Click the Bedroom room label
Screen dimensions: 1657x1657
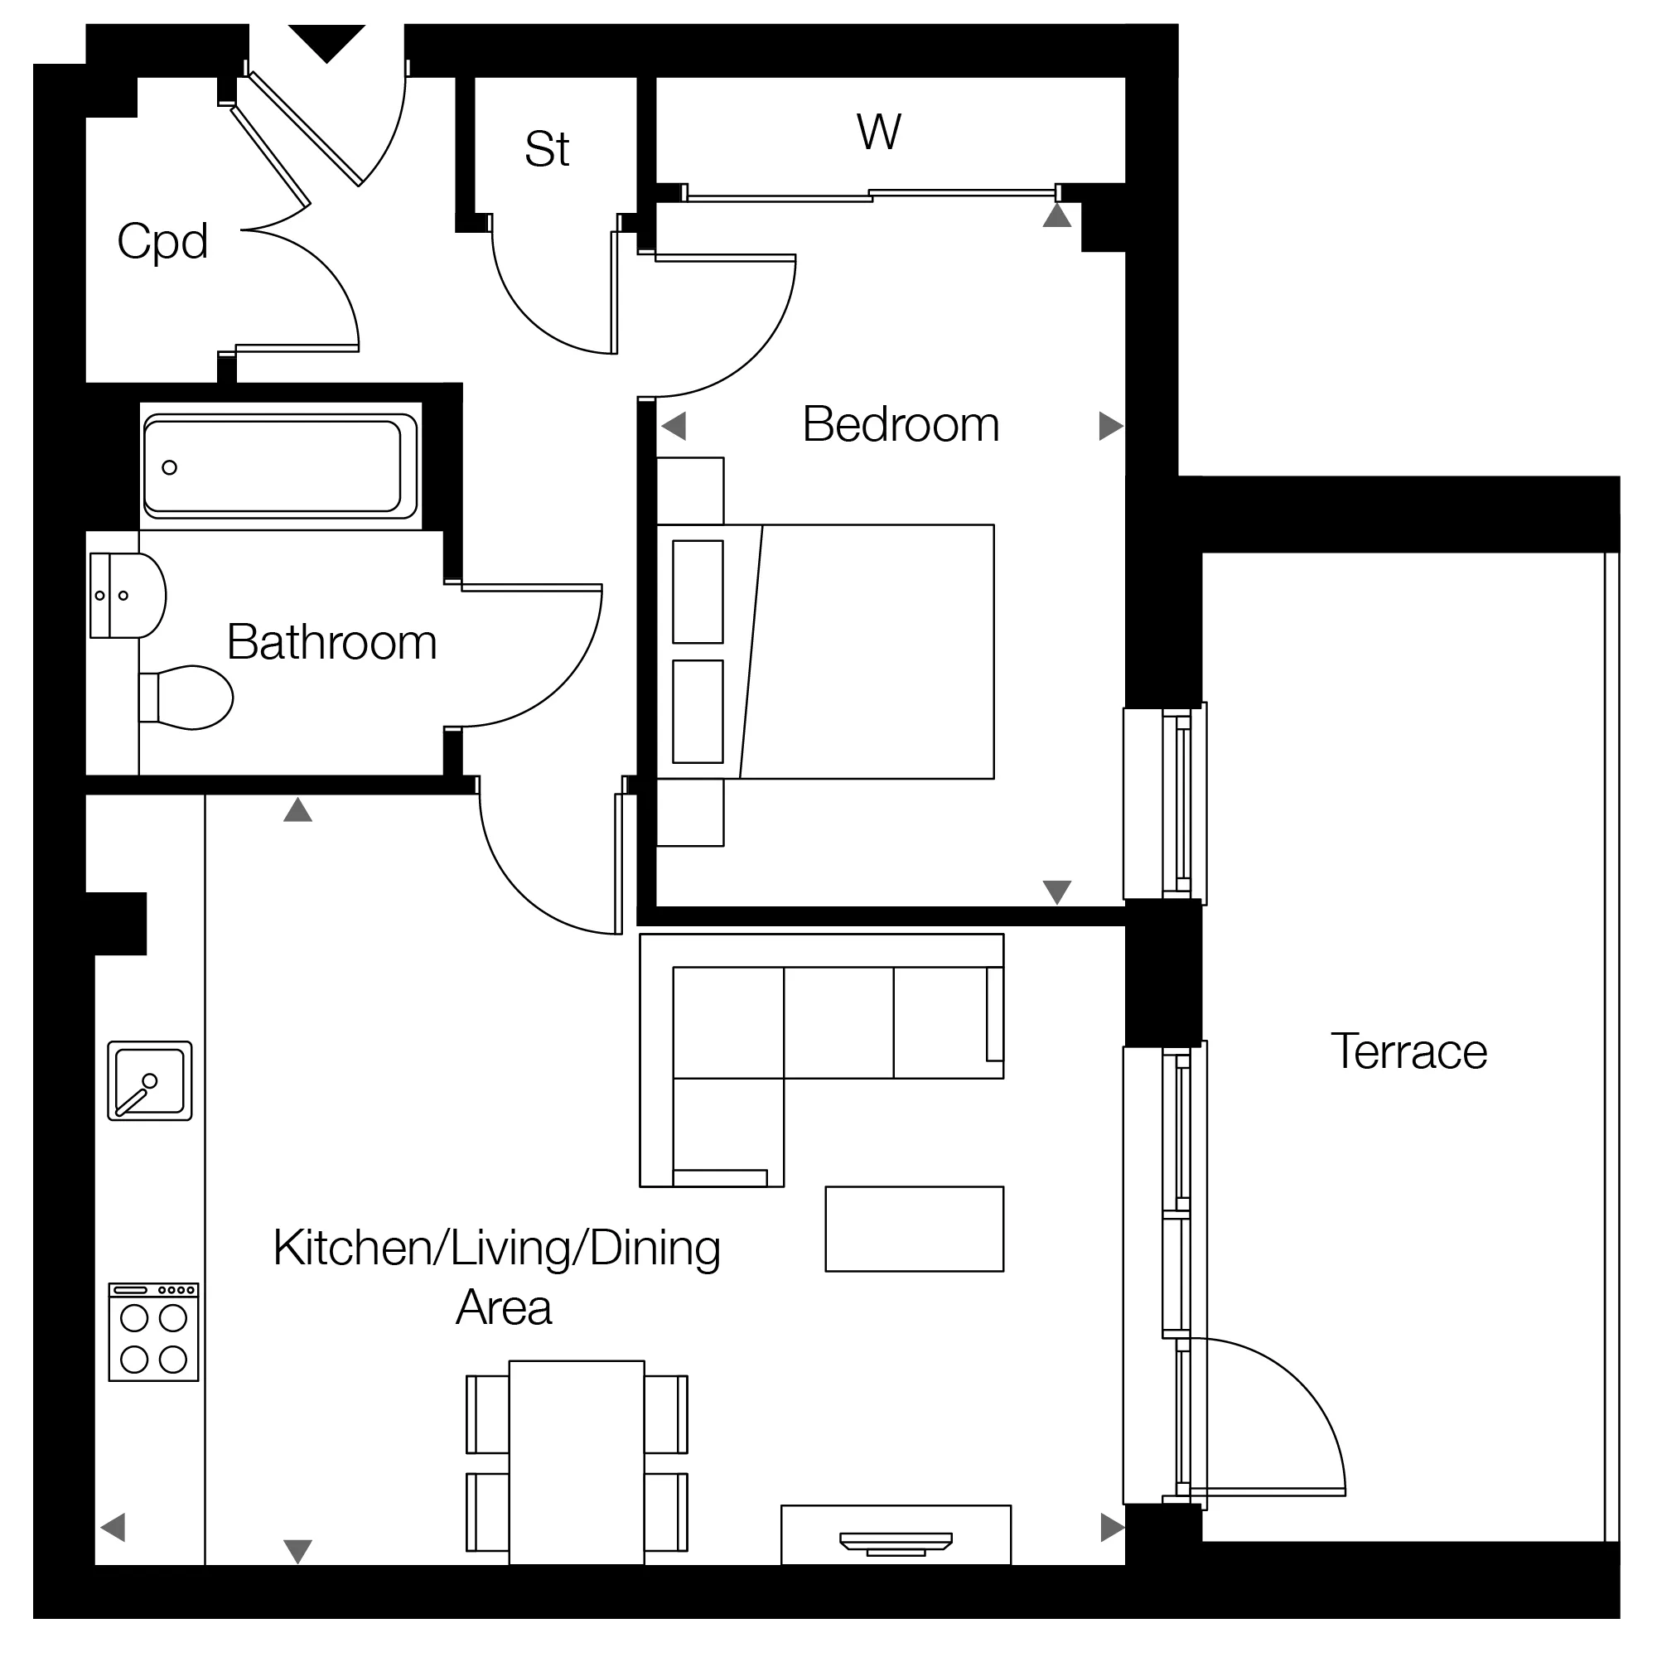[901, 424]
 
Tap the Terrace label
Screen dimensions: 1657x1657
[1408, 1051]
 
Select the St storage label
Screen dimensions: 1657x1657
[547, 149]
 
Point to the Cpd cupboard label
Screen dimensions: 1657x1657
[162, 241]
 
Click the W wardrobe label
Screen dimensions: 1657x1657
[879, 132]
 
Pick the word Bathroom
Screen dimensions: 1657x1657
[332, 642]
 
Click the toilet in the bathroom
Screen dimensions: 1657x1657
[186, 698]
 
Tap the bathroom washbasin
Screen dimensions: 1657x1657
[128, 595]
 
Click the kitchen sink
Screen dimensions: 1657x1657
[150, 1080]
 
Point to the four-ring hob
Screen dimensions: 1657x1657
[153, 1332]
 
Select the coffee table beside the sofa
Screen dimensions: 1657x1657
[915, 1229]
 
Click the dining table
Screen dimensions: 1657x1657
[577, 1462]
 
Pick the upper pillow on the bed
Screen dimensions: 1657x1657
[698, 592]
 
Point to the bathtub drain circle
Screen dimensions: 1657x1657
[170, 467]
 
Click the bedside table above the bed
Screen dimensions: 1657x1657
[690, 490]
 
